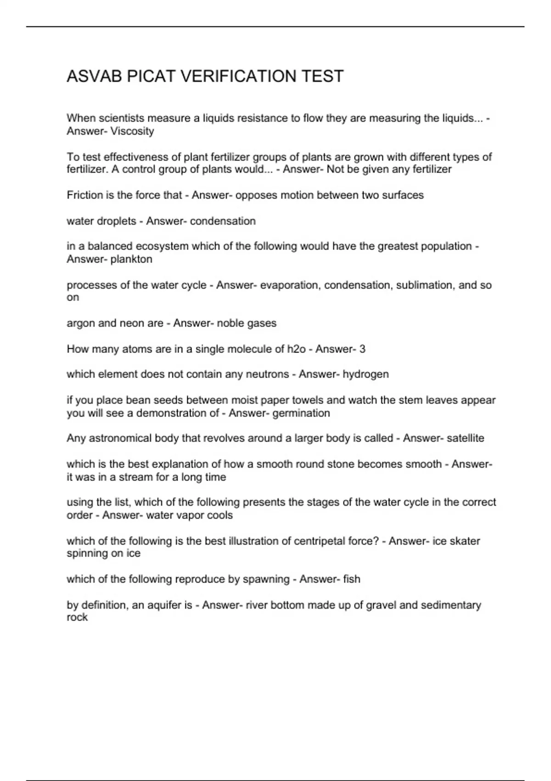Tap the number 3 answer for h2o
(x=362, y=349)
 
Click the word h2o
(x=296, y=349)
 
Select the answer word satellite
(x=465, y=438)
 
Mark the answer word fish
(x=351, y=579)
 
